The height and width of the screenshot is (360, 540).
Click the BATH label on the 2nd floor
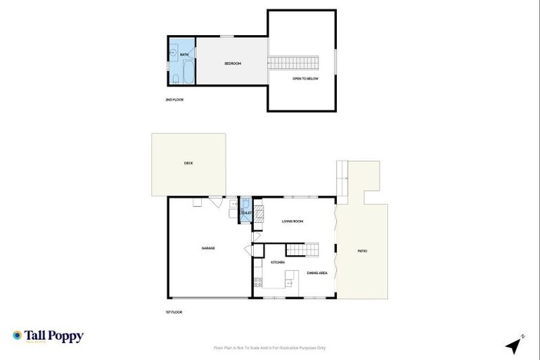[x=184, y=55]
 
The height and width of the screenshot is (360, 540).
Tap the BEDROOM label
[x=233, y=64]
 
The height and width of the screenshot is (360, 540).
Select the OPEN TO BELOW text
[x=306, y=79]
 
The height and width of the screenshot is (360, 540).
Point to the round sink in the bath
[x=173, y=53]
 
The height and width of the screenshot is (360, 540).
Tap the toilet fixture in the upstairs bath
[x=173, y=77]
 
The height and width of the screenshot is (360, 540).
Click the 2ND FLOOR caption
[x=174, y=100]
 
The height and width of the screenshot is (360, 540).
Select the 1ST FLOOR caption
[x=173, y=311]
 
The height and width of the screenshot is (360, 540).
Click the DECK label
[x=188, y=163]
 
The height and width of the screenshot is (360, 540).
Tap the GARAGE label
[x=208, y=248]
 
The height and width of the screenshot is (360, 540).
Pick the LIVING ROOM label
[x=292, y=221]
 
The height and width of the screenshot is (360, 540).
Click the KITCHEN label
[x=278, y=262]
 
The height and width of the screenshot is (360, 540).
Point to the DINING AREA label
[x=317, y=273]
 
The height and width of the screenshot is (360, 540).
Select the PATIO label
[x=362, y=251]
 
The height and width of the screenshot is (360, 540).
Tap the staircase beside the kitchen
[x=302, y=249]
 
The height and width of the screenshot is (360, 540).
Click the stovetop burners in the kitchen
[x=257, y=283]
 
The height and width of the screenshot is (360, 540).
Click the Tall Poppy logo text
[x=54, y=336]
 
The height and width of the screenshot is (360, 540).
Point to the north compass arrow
[x=515, y=345]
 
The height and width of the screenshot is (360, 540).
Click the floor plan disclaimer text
[x=269, y=348]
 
